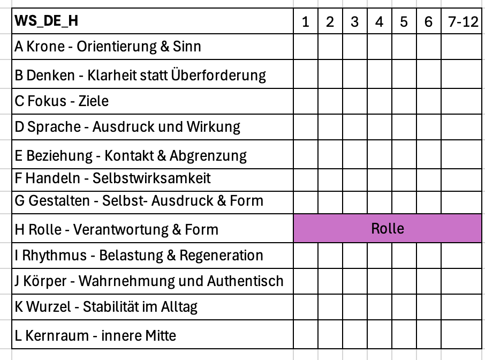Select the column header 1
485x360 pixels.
(306, 22)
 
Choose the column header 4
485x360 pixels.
(380, 22)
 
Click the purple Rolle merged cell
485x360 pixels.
(388, 229)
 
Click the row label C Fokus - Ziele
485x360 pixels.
(62, 101)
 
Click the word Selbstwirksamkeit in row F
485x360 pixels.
(151, 177)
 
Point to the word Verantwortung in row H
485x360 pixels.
(120, 230)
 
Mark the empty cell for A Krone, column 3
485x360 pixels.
(355, 47)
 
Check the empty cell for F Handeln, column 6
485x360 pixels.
(428, 177)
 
